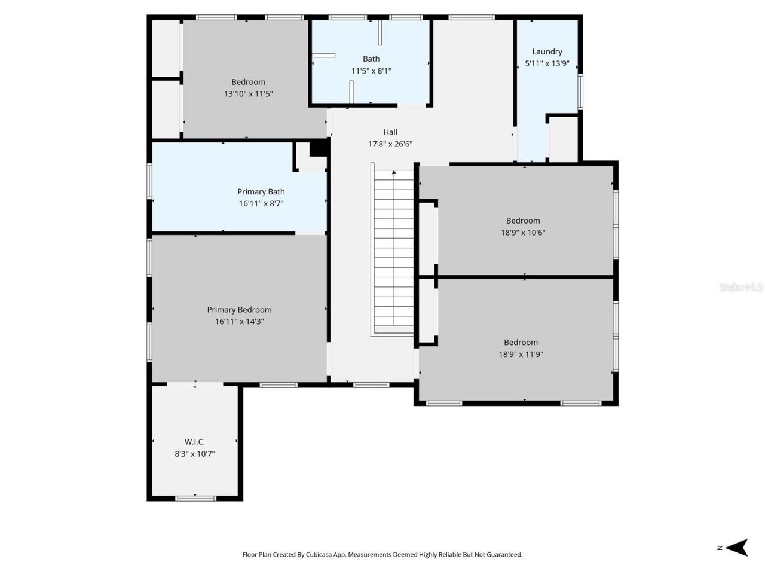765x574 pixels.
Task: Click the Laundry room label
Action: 547,51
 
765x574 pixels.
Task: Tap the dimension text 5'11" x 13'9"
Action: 547,63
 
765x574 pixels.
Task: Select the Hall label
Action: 390,132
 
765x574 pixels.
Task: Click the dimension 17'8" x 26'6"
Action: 390,144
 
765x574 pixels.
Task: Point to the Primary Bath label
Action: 261,191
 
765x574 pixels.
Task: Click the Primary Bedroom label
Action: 239,310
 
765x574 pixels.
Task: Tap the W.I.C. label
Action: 195,442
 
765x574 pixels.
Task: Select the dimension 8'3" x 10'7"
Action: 195,454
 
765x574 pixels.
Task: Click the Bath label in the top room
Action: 371,59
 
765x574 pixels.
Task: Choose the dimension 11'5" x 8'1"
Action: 371,71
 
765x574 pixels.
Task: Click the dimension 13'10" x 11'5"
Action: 248,94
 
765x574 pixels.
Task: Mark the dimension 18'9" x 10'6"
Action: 523,233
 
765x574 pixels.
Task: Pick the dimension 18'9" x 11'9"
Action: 521,354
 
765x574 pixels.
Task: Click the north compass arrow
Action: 739,547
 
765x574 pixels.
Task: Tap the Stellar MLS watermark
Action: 740,288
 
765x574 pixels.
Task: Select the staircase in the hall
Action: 393,251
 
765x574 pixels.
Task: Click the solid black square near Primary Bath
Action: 319,147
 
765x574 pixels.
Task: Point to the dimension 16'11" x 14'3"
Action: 239,322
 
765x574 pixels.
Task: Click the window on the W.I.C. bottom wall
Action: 195,497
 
